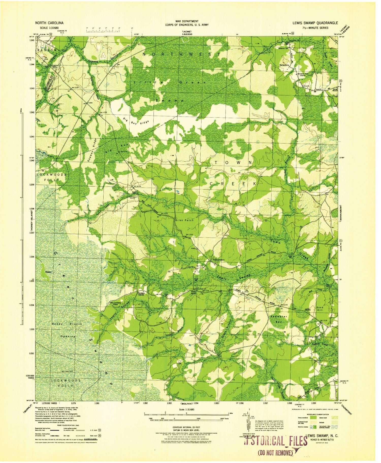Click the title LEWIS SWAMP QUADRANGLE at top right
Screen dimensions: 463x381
(315, 23)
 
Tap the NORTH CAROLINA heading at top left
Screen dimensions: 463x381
(49, 23)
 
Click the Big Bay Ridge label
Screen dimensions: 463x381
(136, 121)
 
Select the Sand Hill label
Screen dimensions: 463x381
(320, 309)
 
